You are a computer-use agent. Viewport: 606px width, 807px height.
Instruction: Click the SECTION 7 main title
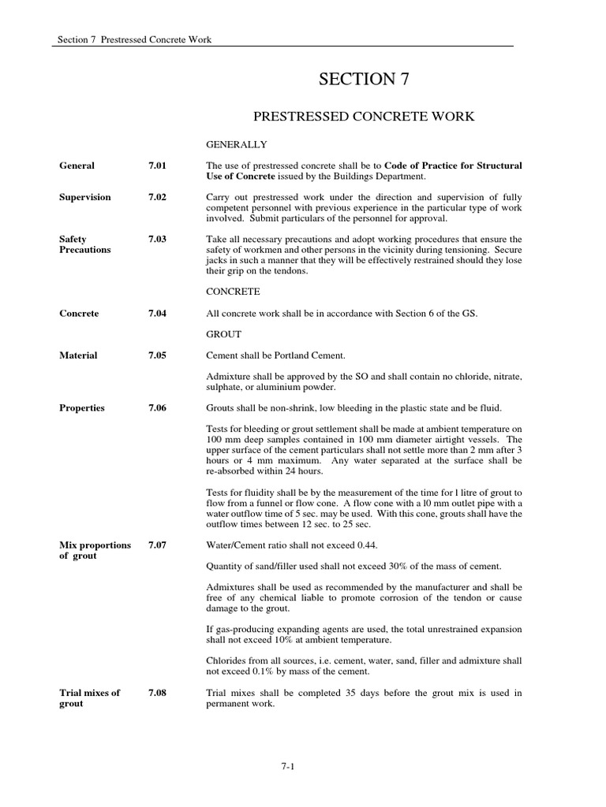pos(364,79)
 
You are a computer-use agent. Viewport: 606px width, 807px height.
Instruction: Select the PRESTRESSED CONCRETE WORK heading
pos(364,117)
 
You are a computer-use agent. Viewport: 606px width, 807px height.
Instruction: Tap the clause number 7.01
pos(157,165)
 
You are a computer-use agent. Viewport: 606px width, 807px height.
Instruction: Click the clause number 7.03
pos(157,239)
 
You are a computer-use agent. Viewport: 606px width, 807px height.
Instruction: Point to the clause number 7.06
pos(157,408)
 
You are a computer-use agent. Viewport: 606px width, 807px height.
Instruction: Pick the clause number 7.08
pos(157,693)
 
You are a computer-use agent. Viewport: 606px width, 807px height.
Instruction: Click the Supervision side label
pos(85,197)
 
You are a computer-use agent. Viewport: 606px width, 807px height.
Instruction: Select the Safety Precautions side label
pos(85,244)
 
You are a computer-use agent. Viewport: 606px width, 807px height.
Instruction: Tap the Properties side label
pos(82,408)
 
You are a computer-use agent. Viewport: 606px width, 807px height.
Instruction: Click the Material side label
pos(79,355)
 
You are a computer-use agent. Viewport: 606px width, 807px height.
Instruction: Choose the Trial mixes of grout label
pos(90,698)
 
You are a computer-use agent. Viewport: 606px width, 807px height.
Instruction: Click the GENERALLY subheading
pos(237,145)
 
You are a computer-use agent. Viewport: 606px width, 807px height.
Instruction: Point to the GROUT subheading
pos(223,334)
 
